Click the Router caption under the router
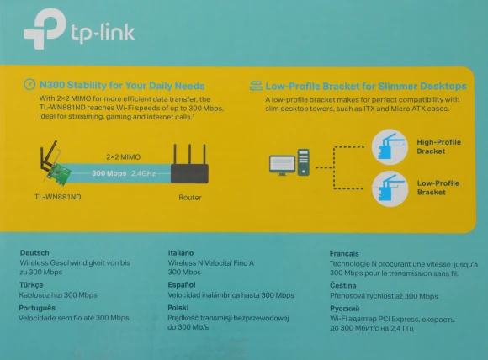pos(190,198)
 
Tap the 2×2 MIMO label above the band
pos(123,156)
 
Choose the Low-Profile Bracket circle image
pos(390,188)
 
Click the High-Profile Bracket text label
pos(438,146)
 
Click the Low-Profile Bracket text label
pos(438,188)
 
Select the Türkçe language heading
pos(31,285)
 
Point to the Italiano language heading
pos(185,252)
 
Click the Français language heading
pos(345,252)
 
